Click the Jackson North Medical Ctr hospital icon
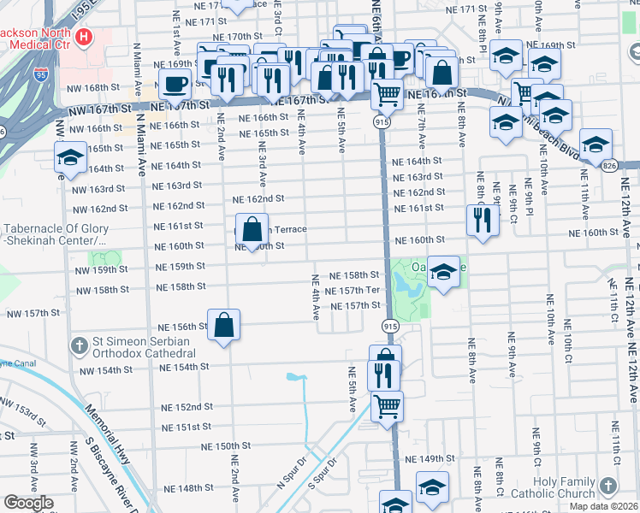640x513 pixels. click(x=83, y=37)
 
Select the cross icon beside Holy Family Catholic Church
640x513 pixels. click(x=608, y=486)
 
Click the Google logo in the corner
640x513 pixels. click(x=28, y=503)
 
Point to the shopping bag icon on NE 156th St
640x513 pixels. click(x=223, y=326)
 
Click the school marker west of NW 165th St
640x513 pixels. click(x=70, y=156)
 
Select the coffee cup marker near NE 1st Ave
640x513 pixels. click(x=175, y=85)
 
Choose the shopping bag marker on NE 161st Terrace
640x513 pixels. click(x=252, y=230)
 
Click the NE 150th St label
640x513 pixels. click(x=225, y=446)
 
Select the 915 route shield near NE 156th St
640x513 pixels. click(x=390, y=327)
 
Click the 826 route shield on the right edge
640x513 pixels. click(x=632, y=163)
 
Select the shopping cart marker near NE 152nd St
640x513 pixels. click(x=387, y=405)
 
